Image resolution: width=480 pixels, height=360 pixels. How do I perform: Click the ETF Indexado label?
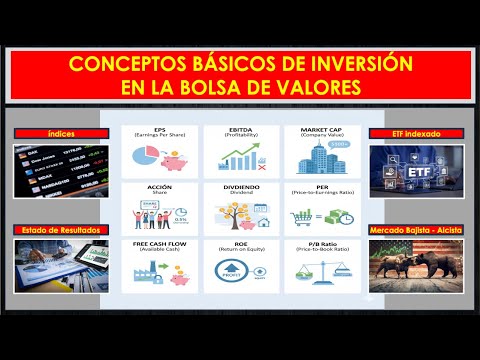click(x=411, y=134)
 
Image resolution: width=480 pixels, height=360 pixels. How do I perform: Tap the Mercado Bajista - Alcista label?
click(x=411, y=230)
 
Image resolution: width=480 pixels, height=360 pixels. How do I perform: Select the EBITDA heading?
click(x=241, y=129)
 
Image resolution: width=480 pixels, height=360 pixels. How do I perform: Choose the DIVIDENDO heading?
click(x=241, y=187)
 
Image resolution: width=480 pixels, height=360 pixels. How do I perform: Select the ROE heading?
click(x=241, y=244)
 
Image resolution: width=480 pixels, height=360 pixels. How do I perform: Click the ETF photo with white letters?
click(x=411, y=171)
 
